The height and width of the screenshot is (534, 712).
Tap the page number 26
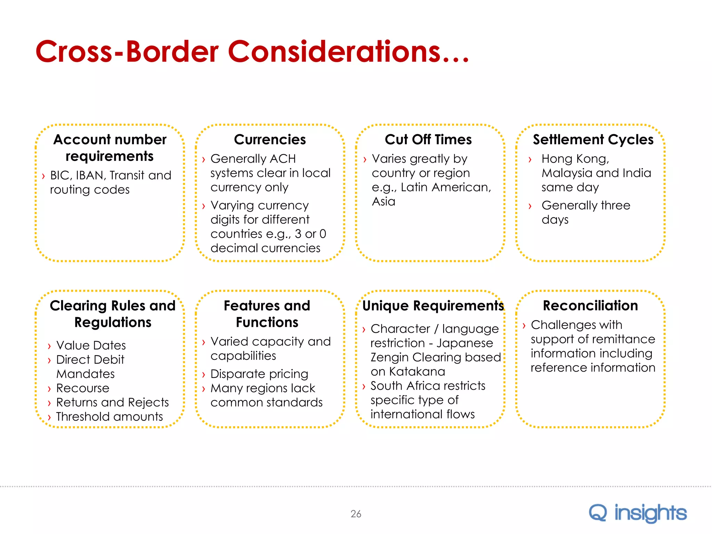(x=356, y=514)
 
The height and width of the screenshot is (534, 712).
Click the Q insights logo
(x=637, y=513)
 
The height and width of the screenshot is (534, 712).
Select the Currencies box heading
(x=270, y=139)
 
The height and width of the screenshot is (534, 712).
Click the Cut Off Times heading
(x=428, y=139)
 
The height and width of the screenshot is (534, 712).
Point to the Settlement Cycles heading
(x=593, y=139)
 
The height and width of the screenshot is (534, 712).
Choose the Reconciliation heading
(x=590, y=306)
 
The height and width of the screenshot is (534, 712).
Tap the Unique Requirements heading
(x=433, y=306)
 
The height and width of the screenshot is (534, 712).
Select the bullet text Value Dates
(x=91, y=345)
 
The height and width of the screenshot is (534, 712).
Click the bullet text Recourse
(x=83, y=388)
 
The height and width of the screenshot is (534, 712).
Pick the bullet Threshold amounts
(x=110, y=416)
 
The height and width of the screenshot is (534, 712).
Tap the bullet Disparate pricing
(x=259, y=374)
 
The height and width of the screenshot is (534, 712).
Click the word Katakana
(x=417, y=371)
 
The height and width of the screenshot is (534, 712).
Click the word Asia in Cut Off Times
(x=383, y=201)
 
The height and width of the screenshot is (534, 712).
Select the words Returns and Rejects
(x=112, y=402)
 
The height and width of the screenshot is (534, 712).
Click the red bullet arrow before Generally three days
(x=530, y=206)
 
